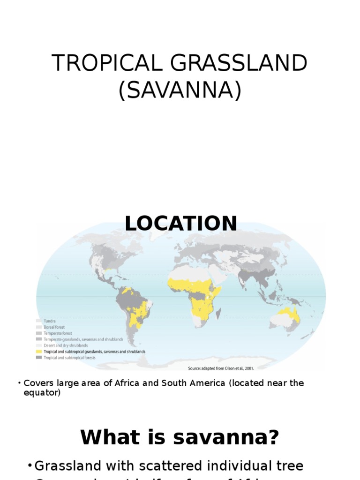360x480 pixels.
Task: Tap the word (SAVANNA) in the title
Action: (180, 90)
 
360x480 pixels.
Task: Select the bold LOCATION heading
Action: (181, 224)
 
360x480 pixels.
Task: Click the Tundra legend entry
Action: (50, 321)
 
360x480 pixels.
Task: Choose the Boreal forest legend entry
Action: (54, 327)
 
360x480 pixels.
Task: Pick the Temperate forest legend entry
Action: (58, 333)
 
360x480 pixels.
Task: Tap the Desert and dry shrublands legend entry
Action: (66, 345)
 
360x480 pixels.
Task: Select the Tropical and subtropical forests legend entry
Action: (69, 358)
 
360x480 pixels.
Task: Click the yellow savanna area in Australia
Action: (287, 315)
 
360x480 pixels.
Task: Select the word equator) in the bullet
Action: (42, 393)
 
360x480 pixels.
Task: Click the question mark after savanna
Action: (273, 438)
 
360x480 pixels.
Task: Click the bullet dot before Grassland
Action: (30, 466)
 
